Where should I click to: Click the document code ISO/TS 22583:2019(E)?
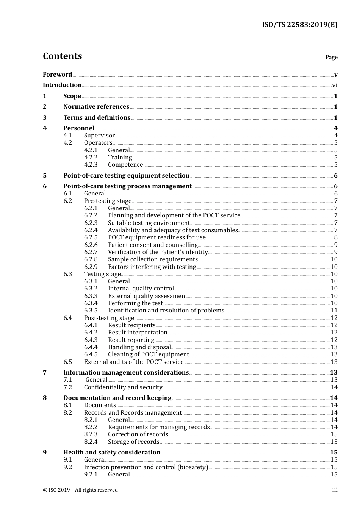(x=299, y=25)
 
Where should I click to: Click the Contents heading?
(x=62, y=56)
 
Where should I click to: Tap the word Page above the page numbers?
(x=331, y=57)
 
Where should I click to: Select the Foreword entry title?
(x=57, y=74)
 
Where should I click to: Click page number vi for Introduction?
(x=335, y=85)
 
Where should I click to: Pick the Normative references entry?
(x=96, y=107)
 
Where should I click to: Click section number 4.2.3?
(x=91, y=165)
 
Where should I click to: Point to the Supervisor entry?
(x=99, y=136)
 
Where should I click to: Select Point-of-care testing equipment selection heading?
(x=126, y=176)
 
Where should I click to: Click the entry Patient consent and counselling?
(x=153, y=245)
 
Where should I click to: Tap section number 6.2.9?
(x=91, y=267)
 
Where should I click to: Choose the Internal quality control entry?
(x=141, y=289)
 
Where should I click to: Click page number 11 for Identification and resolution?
(x=334, y=311)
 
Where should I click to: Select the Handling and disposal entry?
(x=139, y=347)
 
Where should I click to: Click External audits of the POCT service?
(x=133, y=362)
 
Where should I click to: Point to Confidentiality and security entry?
(x=123, y=387)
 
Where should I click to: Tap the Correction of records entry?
(x=138, y=434)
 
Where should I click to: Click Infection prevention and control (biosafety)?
(x=146, y=467)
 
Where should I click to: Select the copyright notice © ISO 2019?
(x=80, y=490)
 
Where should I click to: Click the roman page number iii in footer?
(x=335, y=490)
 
